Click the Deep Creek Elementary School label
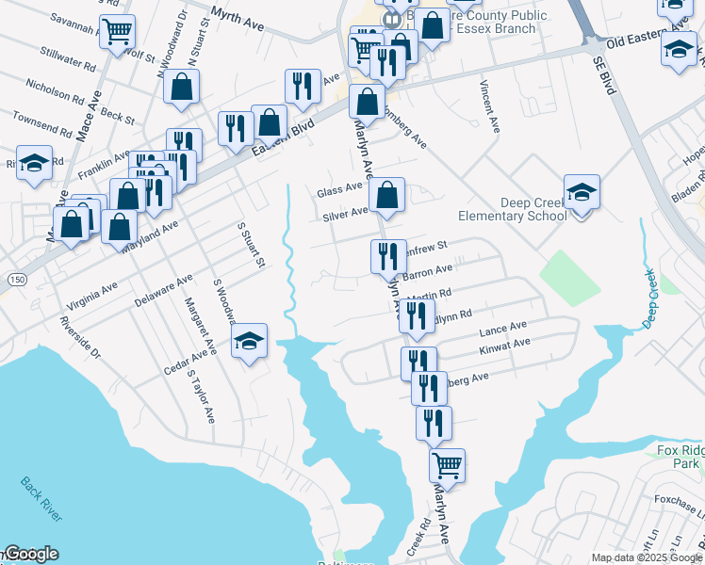pos(513,209)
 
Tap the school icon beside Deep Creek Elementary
pos(582,192)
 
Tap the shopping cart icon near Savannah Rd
pos(118,31)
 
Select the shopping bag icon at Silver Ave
pos(386,196)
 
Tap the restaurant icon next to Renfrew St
pos(386,255)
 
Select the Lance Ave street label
pos(504,330)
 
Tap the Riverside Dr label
pos(79,334)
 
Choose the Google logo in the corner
pos(30,554)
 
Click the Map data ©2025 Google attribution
pos(644,557)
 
